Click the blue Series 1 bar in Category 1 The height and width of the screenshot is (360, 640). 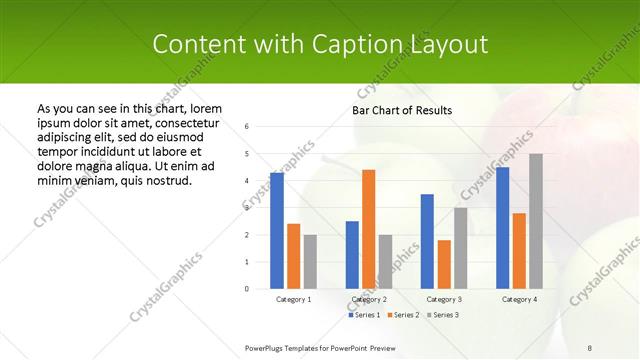coord(277,231)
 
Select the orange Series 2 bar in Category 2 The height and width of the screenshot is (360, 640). coord(369,229)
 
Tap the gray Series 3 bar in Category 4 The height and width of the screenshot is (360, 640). coord(536,221)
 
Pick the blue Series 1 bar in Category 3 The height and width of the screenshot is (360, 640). coord(427,241)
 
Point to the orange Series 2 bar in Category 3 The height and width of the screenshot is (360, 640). coord(444,264)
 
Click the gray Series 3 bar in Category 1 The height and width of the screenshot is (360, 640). coord(310,262)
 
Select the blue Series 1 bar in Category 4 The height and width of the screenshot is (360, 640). coord(502,228)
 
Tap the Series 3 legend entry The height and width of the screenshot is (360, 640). coord(444,315)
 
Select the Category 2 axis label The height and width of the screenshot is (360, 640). coord(369,299)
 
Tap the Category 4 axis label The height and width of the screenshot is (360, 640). coord(519,299)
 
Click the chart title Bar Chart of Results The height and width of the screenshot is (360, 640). coord(403,110)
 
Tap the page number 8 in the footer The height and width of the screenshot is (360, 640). coord(590,347)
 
